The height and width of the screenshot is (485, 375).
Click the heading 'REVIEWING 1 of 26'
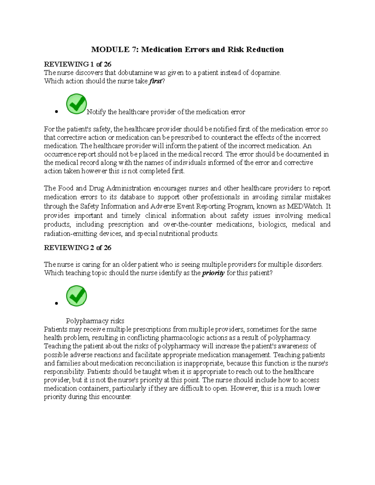click(77, 64)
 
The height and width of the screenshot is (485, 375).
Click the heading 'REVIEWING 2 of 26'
click(77, 248)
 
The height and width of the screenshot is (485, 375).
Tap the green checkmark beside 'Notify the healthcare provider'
click(77, 104)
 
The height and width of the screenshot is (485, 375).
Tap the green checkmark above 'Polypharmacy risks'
click(77, 296)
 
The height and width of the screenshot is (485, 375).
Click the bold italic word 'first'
click(155, 81)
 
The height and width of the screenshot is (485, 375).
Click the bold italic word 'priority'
click(213, 273)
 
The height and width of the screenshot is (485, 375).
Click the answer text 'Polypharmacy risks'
click(95, 321)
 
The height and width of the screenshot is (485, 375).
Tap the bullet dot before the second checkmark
click(56, 303)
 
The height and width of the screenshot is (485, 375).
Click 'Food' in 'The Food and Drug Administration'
click(66, 188)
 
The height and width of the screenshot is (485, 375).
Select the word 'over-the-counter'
click(187, 224)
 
